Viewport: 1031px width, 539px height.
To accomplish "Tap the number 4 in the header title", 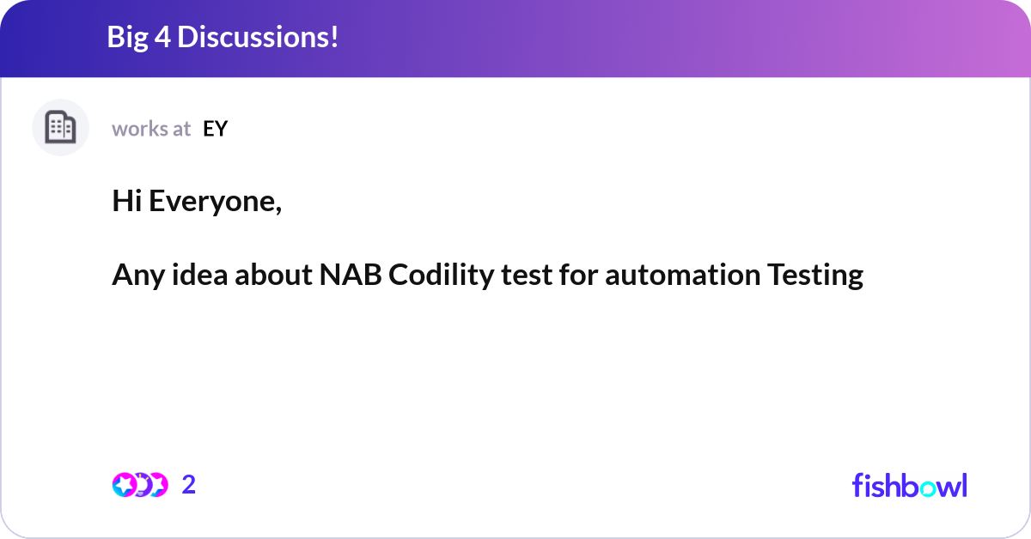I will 165,38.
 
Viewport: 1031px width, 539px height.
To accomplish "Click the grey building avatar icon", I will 60,128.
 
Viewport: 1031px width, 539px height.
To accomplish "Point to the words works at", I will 151,129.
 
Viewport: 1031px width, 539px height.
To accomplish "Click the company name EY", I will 215,129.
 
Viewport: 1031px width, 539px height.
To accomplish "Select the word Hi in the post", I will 126,202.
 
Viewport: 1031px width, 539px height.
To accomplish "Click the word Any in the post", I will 135,276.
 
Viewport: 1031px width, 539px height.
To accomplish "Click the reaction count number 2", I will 189,485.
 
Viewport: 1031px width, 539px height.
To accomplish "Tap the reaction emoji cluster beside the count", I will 140,485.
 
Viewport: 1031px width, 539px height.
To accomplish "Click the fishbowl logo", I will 909,485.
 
